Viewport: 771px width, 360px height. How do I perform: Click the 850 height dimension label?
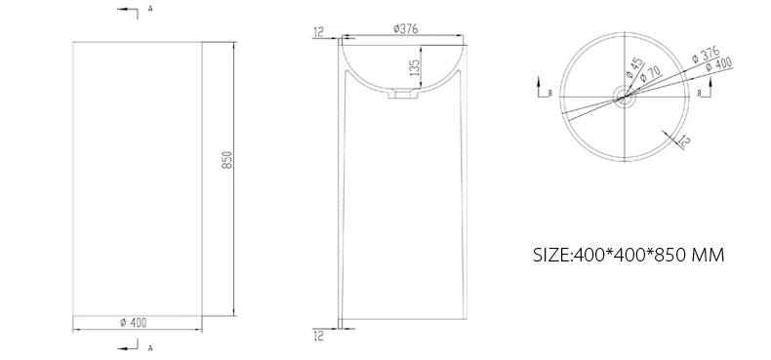227,159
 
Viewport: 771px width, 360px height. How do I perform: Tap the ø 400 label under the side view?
134,323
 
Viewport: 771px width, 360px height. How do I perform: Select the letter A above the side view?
150,9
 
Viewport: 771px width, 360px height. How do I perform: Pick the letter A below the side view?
150,348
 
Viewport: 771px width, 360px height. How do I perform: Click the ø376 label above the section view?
406,29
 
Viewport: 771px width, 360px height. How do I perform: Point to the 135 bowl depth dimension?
415,67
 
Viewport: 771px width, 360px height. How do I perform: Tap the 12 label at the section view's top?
318,32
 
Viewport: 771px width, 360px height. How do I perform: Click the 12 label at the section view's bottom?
318,337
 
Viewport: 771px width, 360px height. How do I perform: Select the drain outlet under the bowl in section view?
403,94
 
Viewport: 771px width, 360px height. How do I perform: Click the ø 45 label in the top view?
634,68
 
